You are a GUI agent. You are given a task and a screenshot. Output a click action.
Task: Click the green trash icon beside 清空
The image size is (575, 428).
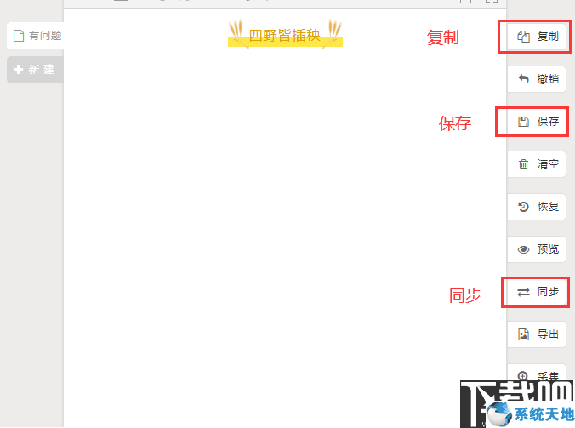pos(524,164)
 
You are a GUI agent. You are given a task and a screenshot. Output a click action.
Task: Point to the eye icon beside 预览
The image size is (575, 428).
pos(524,249)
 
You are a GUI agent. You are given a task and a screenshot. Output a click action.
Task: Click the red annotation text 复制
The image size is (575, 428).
pos(442,37)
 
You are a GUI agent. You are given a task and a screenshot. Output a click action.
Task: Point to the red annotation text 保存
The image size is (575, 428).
pos(455,123)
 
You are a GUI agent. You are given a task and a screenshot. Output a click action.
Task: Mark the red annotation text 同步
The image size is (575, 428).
pos(465,295)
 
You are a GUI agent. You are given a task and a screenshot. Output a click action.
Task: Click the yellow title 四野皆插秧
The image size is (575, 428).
pos(285,36)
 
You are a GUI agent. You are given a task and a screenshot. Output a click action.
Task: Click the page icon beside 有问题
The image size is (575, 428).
pos(19,36)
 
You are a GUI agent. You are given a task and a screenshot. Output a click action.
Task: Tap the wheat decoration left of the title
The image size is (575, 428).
pos(236,32)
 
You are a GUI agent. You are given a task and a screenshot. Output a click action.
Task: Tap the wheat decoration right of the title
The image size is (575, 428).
pos(334,32)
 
